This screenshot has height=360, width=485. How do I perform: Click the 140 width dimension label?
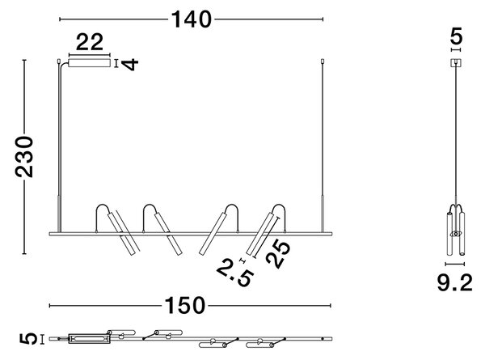192,19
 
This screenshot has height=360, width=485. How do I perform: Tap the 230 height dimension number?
24,157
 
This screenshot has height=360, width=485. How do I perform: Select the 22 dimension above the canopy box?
90,42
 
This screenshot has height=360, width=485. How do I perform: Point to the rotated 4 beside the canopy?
129,65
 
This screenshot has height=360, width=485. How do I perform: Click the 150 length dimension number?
184,306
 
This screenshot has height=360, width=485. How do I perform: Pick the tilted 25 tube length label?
278,254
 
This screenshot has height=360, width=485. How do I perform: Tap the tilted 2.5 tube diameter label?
235,273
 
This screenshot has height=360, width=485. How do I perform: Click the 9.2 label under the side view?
454,282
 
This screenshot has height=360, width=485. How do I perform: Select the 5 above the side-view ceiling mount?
456,36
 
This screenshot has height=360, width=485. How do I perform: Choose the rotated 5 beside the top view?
28,339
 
